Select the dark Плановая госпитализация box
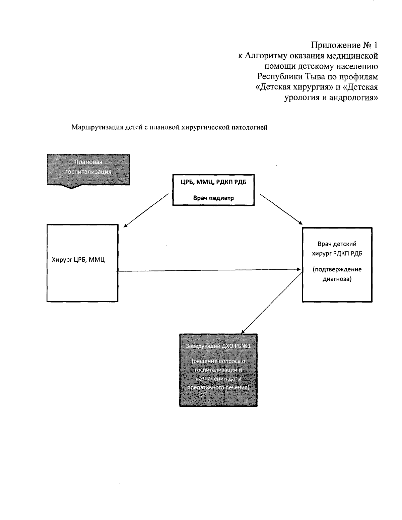coord(88,170)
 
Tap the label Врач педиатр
coord(213,198)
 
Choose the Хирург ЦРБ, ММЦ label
coord(78,259)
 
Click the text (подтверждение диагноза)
coord(337,274)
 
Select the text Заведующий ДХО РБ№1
coord(218,346)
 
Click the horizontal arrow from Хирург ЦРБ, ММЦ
coord(208,270)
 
